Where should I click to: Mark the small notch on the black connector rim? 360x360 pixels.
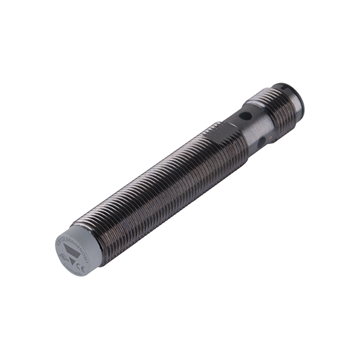click(286, 87)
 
